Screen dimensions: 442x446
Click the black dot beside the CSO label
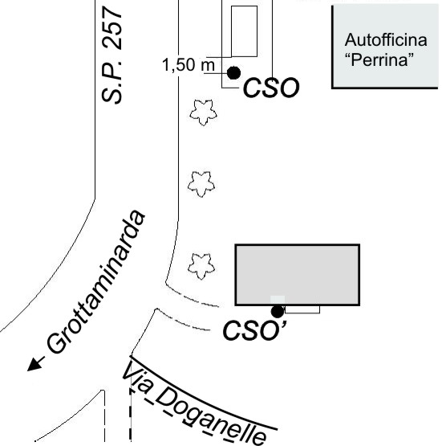tap(233, 73)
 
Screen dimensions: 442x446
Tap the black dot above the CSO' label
tap(278, 312)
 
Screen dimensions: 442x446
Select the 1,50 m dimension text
tap(189, 65)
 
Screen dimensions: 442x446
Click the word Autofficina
tap(386, 39)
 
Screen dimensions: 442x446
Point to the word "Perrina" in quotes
tap(379, 59)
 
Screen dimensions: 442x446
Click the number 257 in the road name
tap(112, 29)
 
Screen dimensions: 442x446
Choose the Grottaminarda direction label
tap(96, 282)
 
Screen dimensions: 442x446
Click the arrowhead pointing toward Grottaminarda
tap(35, 365)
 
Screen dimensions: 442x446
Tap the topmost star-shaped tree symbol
tap(203, 113)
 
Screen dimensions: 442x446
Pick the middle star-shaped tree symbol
tap(201, 184)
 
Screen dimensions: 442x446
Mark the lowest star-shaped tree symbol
tap(201, 267)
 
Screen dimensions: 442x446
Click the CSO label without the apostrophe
tap(271, 88)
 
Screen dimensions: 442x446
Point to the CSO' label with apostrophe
tap(255, 330)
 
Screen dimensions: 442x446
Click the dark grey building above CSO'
tap(298, 275)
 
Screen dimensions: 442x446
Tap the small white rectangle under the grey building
tap(302, 309)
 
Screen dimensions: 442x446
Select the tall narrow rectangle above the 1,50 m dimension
tap(244, 31)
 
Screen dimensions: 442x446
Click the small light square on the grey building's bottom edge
tap(278, 300)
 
